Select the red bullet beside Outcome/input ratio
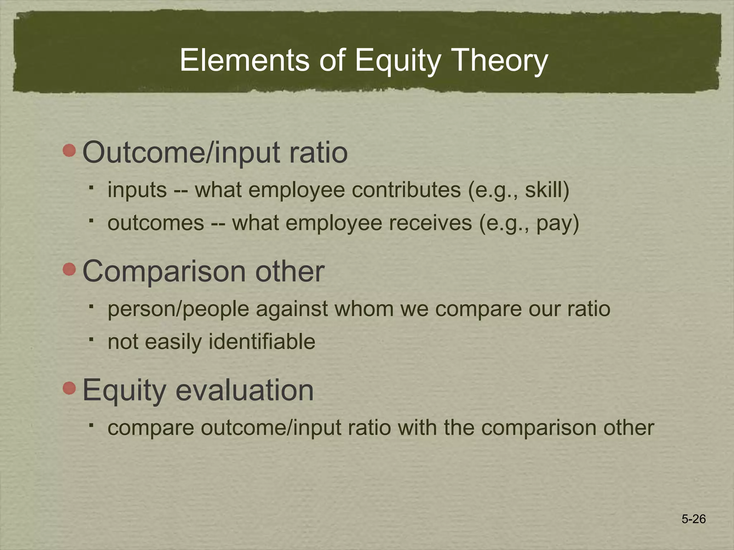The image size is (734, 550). point(69,150)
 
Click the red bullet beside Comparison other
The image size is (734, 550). point(69,269)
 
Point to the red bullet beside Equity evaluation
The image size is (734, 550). point(69,388)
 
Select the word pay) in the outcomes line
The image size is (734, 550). point(558,223)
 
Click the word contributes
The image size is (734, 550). point(406,190)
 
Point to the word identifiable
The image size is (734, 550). point(262,342)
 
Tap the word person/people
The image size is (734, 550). point(178,309)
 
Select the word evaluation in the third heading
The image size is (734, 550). point(244,390)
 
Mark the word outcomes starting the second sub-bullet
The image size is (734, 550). point(156,223)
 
